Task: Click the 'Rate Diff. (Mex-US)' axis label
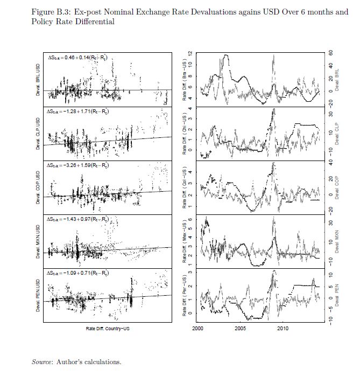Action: tap(185, 241)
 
